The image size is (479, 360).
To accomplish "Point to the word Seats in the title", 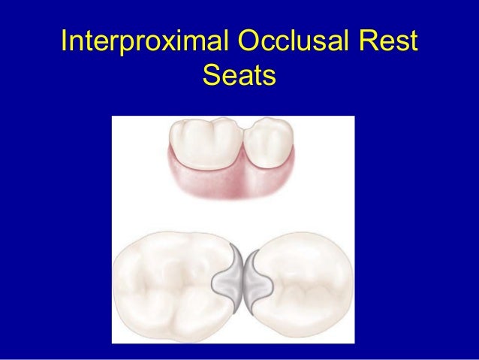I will pyautogui.click(x=239, y=76).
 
